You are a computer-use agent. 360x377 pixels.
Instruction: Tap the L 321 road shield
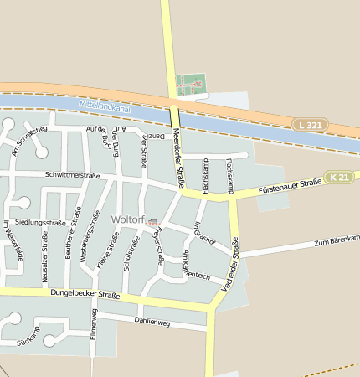click(311, 125)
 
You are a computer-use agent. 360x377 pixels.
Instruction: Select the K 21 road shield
click(339, 178)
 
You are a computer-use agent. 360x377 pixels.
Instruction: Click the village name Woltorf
click(127, 220)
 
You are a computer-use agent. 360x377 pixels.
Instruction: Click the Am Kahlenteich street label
click(197, 266)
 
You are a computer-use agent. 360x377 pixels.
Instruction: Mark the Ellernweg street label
click(94, 323)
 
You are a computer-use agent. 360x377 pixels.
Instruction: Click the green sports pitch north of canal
click(191, 84)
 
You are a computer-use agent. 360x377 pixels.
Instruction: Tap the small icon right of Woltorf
click(152, 221)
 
